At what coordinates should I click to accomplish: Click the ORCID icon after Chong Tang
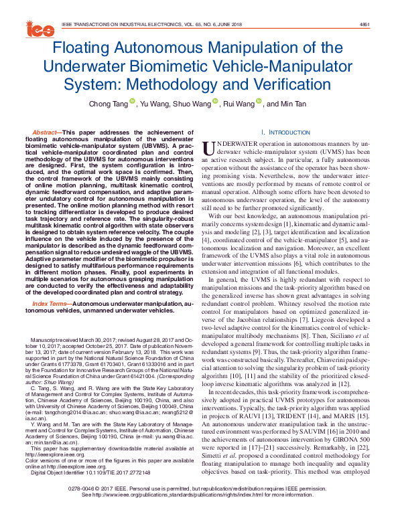click(x=131, y=102)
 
